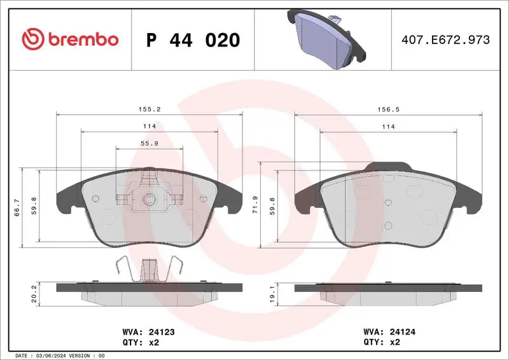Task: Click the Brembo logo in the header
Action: pos(70,39)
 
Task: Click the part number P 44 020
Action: pos(193,40)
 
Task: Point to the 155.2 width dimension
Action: pos(150,109)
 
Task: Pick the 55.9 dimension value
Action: pos(149,144)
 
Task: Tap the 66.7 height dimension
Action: pos(17,207)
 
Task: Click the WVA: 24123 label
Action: pos(148,331)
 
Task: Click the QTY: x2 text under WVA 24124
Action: pos(382,342)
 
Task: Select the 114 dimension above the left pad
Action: pos(149,127)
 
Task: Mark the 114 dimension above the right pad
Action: pos(388,127)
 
